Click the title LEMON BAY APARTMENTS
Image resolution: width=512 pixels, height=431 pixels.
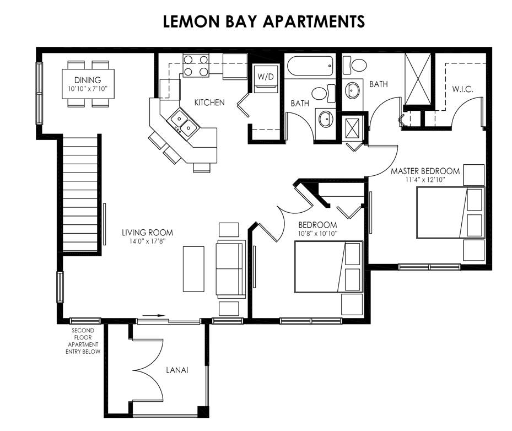(264, 21)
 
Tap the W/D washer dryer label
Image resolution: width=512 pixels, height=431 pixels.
(265, 77)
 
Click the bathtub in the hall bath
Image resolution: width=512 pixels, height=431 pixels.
(309, 66)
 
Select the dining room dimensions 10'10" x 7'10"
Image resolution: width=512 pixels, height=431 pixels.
(88, 89)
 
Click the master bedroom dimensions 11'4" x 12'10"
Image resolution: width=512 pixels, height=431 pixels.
(425, 179)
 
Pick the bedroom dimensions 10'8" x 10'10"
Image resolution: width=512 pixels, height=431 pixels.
(317, 233)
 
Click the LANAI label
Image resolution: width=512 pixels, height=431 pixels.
(177, 370)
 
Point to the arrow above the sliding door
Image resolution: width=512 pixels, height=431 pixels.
(154, 316)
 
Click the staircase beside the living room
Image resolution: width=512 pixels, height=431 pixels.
(80, 193)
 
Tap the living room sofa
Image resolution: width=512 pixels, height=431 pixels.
(230, 269)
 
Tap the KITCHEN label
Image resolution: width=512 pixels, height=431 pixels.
(209, 103)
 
